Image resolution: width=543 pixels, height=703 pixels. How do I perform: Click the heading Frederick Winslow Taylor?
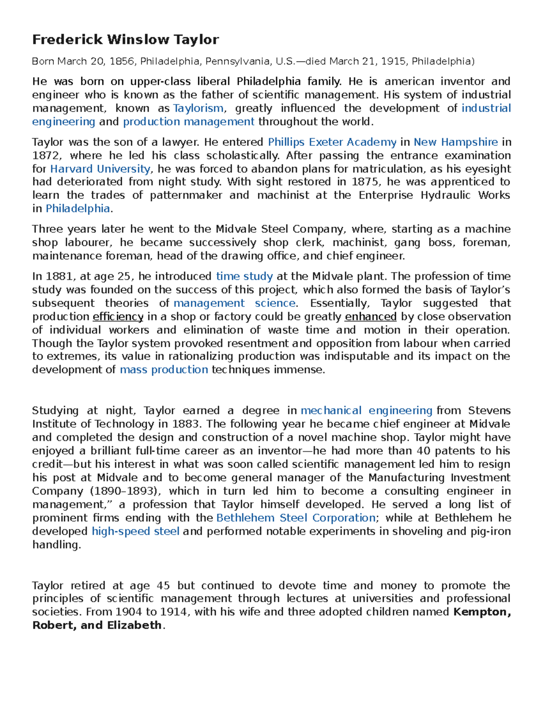coord(125,40)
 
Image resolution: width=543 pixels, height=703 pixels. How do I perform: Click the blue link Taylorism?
coord(198,108)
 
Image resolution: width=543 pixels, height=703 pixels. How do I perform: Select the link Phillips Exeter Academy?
coord(332,142)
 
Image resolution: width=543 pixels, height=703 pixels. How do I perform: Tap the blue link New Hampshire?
coord(456,142)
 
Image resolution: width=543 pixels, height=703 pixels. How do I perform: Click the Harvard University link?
coord(100,169)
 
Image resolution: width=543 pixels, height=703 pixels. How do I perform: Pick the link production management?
coord(189,122)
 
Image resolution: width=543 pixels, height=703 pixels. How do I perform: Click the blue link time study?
coord(244,277)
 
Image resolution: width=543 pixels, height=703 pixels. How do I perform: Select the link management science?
coord(234,303)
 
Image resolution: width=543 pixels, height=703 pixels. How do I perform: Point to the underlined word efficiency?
coord(118,317)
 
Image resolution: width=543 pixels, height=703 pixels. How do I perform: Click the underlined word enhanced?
coord(371,317)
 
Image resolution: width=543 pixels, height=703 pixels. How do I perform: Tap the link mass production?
coord(164,370)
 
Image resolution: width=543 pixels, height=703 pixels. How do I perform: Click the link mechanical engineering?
coord(367,411)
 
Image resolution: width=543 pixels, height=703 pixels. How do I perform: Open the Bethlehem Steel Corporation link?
coord(296,518)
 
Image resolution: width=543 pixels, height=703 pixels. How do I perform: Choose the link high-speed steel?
coord(136,531)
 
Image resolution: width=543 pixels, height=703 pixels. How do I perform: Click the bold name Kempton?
coord(481,612)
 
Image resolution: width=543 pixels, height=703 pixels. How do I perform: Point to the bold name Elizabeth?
coord(134,626)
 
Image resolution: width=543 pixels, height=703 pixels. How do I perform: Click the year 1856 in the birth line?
coord(122,62)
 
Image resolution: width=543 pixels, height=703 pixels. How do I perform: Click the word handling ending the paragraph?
coord(56,545)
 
